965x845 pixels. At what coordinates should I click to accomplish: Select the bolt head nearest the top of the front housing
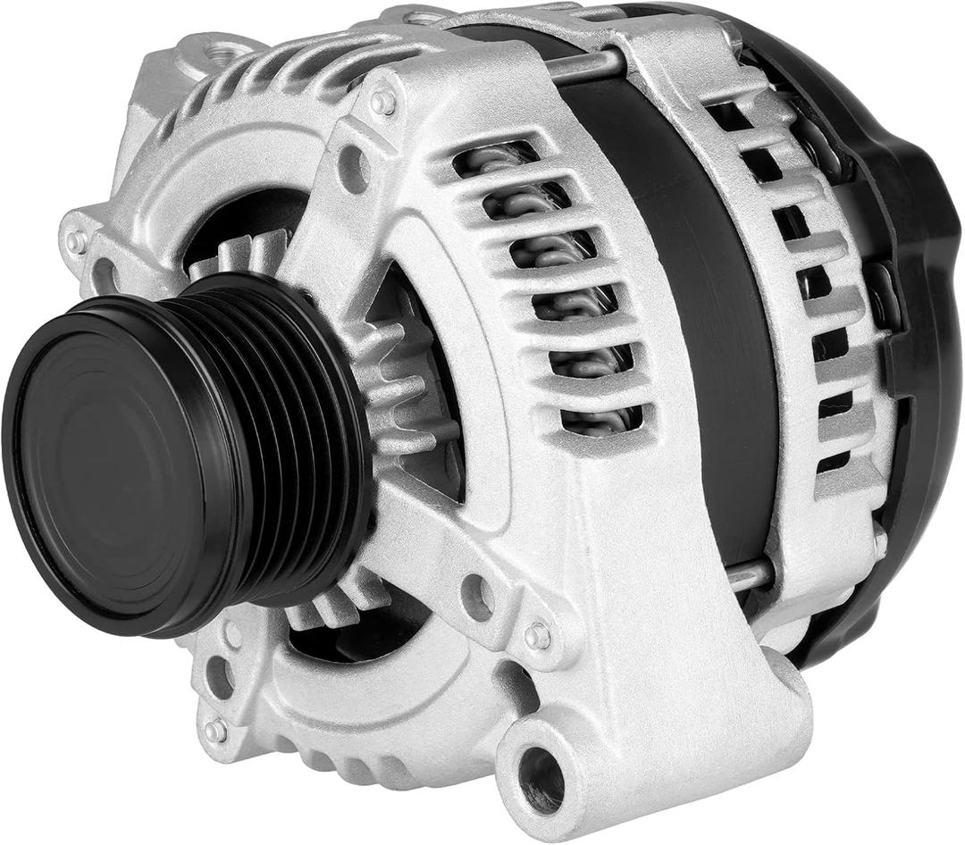383,104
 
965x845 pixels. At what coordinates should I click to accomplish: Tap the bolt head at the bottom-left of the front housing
216,731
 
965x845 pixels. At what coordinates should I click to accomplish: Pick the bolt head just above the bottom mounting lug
538,636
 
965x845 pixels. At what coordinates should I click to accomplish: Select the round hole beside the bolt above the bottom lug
478,596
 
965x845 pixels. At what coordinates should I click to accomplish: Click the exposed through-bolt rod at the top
585,64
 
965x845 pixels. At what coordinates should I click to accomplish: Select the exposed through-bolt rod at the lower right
748,576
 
